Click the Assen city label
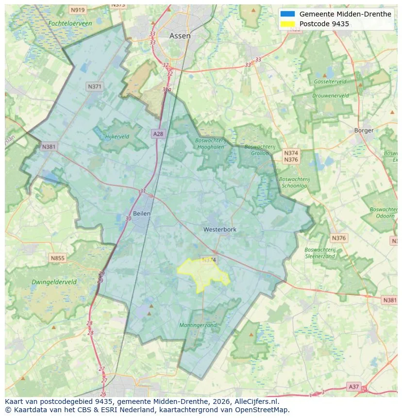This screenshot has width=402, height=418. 180,36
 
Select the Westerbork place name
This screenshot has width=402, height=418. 219,229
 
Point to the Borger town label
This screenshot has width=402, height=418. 364,130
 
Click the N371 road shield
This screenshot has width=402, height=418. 95,86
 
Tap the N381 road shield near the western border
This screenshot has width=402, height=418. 49,147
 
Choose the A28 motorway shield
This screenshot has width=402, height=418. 158,134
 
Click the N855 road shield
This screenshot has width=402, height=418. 57,258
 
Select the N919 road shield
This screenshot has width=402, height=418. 77,10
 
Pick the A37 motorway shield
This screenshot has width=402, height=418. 354,386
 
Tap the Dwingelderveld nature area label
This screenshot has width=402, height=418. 54,282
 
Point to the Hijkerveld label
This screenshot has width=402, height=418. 117,137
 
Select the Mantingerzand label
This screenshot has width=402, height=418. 198,325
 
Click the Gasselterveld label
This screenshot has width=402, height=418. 330,82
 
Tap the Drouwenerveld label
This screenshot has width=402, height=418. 330,96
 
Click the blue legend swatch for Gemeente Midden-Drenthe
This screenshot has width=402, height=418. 287,14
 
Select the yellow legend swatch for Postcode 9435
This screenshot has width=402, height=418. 287,24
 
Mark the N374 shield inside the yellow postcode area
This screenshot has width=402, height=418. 208,260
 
